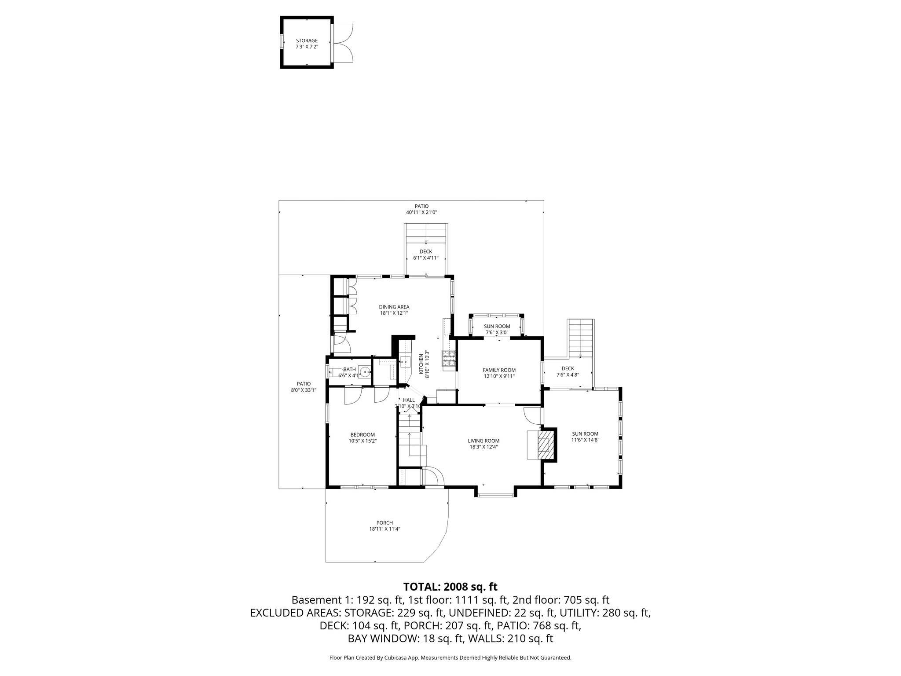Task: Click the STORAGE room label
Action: tap(306, 40)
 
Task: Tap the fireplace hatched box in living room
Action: tap(545, 445)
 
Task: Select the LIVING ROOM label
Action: tap(483, 441)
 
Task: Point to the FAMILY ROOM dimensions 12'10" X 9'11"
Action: tap(499, 376)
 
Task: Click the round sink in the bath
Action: tap(365, 372)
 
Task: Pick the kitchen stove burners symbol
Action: tap(448, 358)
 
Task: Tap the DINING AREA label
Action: tap(394, 307)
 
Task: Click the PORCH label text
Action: tap(385, 523)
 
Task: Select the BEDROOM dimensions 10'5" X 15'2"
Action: tap(363, 441)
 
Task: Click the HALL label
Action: tap(409, 400)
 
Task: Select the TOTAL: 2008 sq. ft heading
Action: tap(450, 586)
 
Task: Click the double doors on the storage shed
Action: tap(343, 43)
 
